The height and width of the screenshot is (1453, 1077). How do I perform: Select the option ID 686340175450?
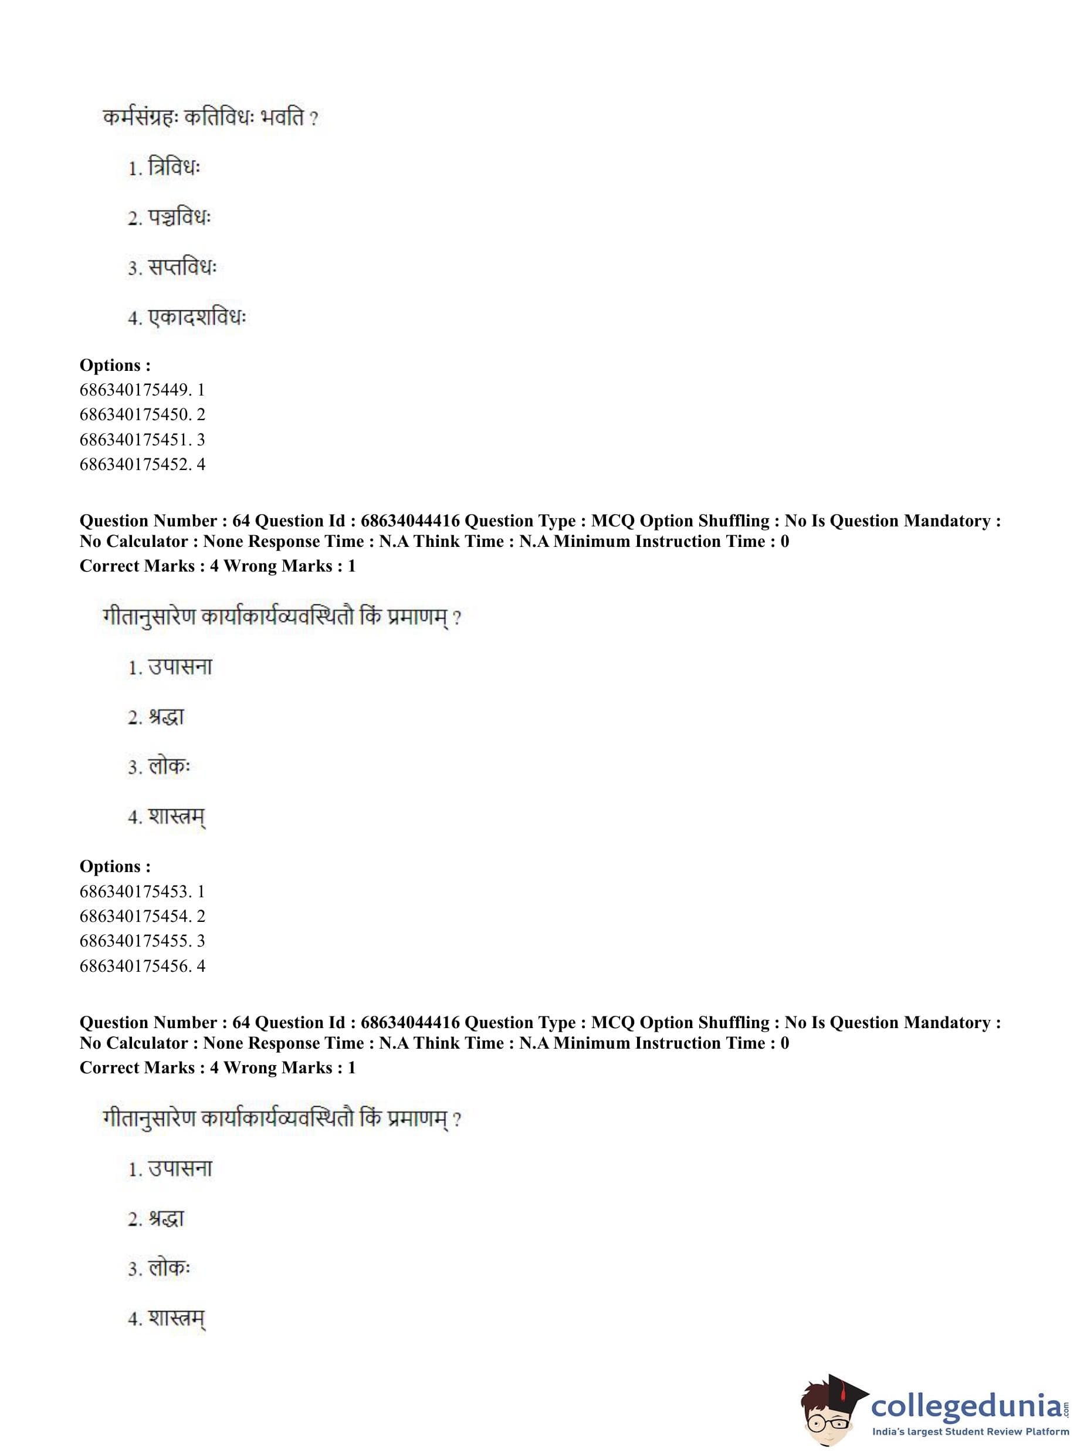pyautogui.click(x=141, y=415)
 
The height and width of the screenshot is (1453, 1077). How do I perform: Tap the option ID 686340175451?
pyautogui.click(x=141, y=440)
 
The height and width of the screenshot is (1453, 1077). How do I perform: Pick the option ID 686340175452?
pyautogui.click(x=141, y=464)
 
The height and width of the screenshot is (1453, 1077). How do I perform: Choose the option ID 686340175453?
pyautogui.click(x=141, y=891)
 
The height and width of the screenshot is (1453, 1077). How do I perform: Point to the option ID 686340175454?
pyautogui.click(x=141, y=916)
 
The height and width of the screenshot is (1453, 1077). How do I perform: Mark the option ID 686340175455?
pyautogui.click(x=141, y=941)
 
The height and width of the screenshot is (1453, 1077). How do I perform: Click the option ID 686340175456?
pyautogui.click(x=141, y=966)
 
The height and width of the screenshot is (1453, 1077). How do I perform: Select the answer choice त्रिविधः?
pyautogui.click(x=174, y=168)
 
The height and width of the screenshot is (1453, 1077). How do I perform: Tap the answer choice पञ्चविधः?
pyautogui.click(x=179, y=217)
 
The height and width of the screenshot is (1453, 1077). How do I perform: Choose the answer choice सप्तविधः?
pyautogui.click(x=182, y=268)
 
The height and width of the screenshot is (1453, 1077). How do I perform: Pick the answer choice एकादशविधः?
pyautogui.click(x=197, y=317)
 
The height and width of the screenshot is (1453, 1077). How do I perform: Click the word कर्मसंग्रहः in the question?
pyautogui.click(x=140, y=118)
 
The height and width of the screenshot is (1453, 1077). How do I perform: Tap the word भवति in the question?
pyautogui.click(x=282, y=118)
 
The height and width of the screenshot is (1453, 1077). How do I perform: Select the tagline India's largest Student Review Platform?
pyautogui.click(x=970, y=1431)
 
